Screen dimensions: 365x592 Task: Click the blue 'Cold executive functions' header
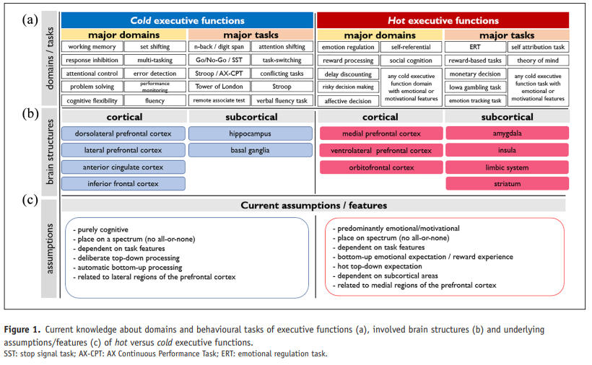[187, 20]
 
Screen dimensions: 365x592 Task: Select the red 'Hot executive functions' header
[443, 20]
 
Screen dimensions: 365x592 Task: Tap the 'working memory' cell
[92, 47]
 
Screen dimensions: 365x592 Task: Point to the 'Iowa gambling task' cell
[474, 87]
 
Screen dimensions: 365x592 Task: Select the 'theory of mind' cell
[539, 60]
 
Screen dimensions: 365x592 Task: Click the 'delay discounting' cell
[347, 74]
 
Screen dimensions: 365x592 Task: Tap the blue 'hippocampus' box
[251, 133]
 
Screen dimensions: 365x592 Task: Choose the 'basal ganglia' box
[251, 150]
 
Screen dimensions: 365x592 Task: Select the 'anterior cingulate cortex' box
[123, 167]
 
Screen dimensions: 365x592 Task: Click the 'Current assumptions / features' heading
[314, 206]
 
